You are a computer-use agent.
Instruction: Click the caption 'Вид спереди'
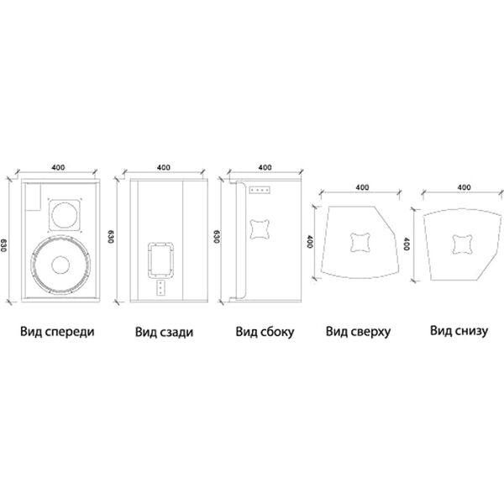tap(57, 332)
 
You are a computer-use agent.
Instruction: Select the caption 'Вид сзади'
tap(165, 332)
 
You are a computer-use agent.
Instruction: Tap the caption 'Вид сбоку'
tap(265, 332)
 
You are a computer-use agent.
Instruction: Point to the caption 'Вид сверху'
tap(359, 332)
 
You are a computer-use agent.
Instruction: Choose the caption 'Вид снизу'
tap(459, 331)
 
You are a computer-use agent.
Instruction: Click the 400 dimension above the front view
tap(58, 167)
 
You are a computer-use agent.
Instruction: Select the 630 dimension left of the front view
tap(3, 245)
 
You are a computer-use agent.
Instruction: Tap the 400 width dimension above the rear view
tap(164, 167)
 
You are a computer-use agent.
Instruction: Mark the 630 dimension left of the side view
tap(217, 237)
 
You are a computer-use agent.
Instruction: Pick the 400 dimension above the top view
tap(362, 187)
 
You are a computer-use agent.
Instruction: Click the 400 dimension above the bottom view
tap(464, 187)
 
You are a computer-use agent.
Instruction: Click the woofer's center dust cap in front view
tap(60, 265)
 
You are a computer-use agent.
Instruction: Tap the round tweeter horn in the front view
tap(65, 215)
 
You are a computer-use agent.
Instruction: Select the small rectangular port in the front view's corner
tap(34, 197)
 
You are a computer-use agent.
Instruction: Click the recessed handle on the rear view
tap(161, 260)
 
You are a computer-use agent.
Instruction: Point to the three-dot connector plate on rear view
tap(160, 287)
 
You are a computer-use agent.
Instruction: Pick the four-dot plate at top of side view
tap(260, 191)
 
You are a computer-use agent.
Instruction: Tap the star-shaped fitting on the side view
tap(260, 229)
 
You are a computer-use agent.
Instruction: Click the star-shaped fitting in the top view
tap(360, 243)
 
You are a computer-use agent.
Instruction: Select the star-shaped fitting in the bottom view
tap(463, 244)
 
